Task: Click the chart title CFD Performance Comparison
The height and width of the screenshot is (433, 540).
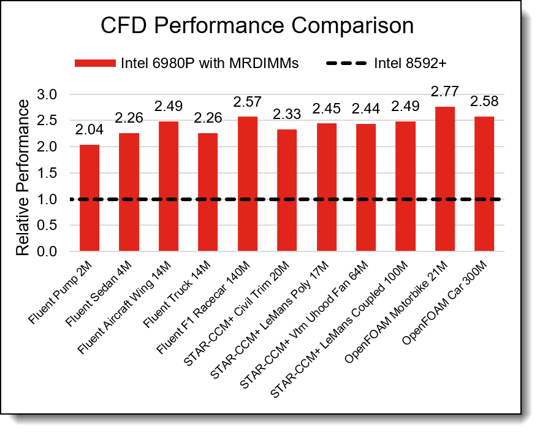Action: pyautogui.click(x=257, y=26)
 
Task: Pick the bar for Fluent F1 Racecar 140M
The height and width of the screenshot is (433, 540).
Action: pyautogui.click(x=247, y=184)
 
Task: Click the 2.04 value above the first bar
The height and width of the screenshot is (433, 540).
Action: pyautogui.click(x=89, y=130)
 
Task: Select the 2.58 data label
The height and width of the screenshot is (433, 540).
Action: pyautogui.click(x=484, y=101)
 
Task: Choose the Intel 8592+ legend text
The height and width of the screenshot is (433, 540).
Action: pyautogui.click(x=411, y=63)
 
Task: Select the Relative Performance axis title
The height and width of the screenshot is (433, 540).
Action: pyautogui.click(x=22, y=177)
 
